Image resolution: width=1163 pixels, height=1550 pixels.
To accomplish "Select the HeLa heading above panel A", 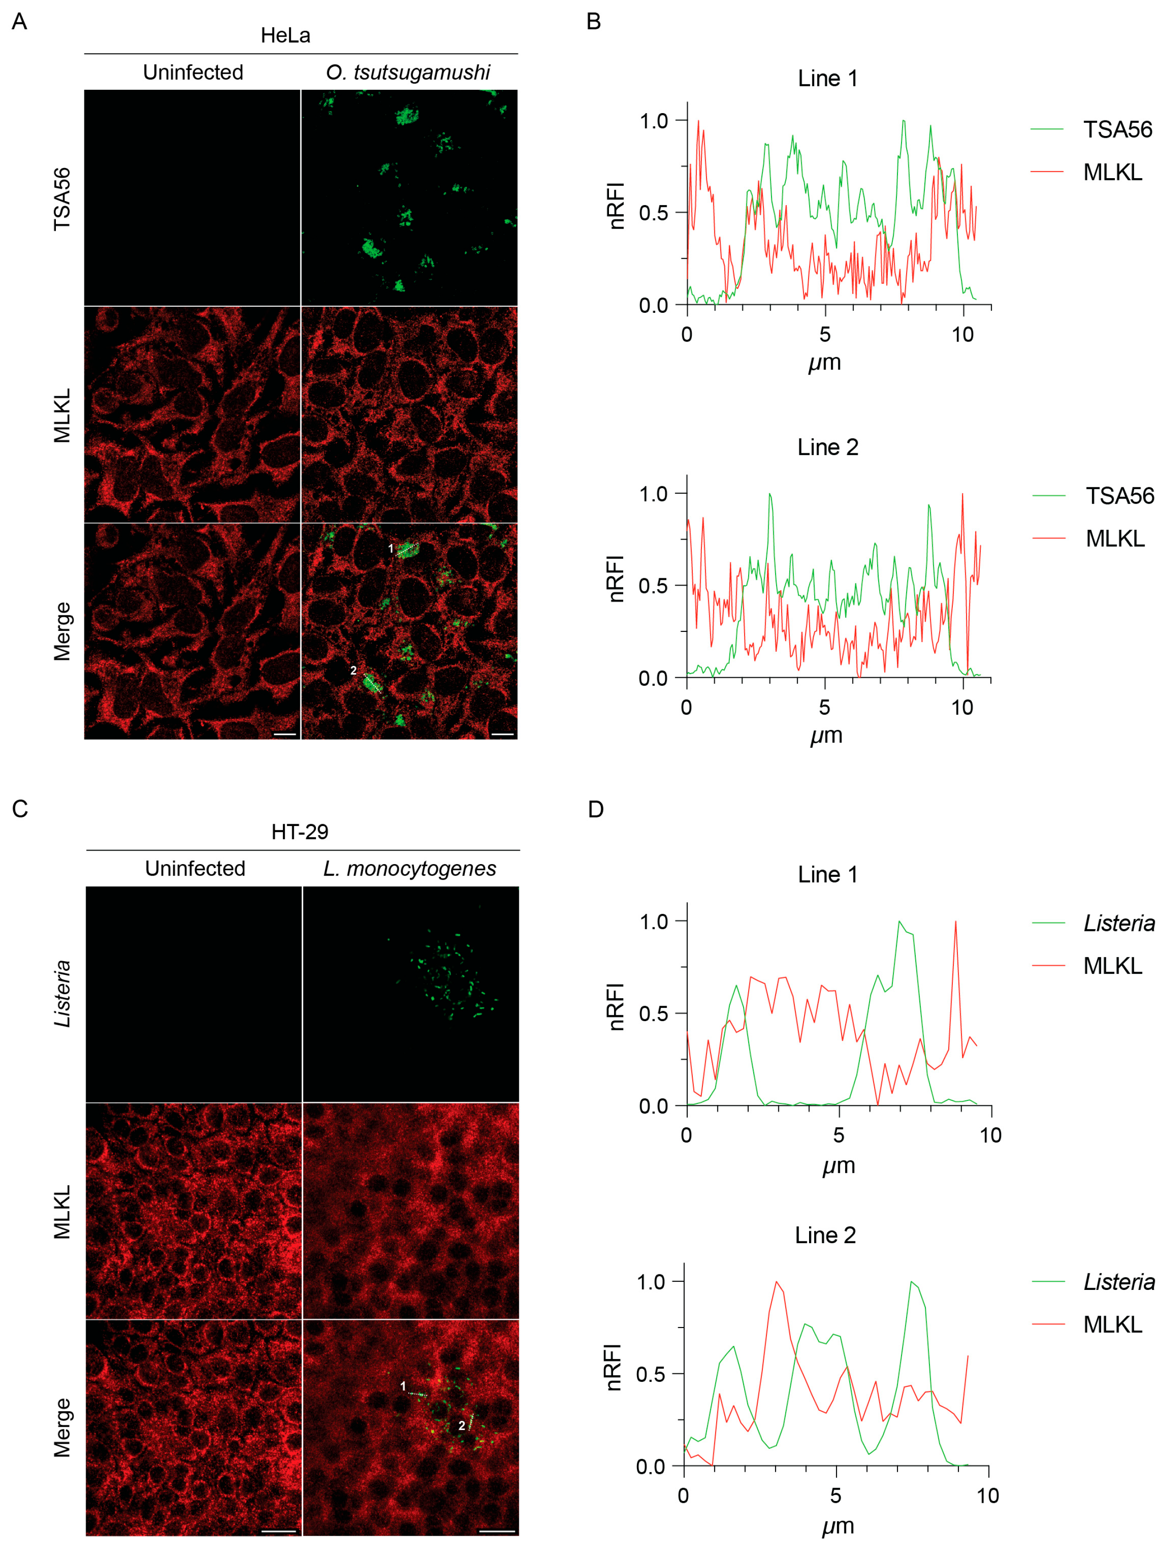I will tap(285, 35).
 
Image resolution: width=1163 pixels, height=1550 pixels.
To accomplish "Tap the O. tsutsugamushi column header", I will tap(408, 72).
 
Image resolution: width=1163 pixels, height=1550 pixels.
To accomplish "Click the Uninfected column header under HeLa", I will tap(193, 72).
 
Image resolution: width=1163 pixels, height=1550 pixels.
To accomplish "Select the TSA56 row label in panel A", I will tap(62, 198).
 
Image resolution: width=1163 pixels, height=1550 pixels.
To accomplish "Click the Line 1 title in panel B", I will tap(827, 78).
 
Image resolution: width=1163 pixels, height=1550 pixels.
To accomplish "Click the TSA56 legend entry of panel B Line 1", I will tap(1117, 130).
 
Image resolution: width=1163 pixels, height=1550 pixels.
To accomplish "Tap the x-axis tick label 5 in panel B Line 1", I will tap(825, 335).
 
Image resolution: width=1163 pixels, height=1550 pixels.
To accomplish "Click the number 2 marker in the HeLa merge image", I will tap(353, 670).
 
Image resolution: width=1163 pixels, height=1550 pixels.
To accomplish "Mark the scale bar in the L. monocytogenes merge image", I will tap(497, 1530).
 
